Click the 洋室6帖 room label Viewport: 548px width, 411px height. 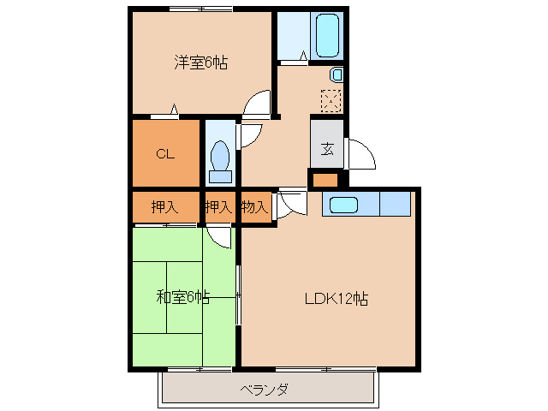click(201, 62)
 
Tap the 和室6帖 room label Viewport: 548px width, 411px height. click(182, 298)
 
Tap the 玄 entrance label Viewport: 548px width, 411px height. click(327, 148)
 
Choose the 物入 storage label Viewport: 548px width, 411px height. click(254, 206)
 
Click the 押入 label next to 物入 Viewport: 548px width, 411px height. click(217, 206)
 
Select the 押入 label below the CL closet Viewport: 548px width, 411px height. click(164, 206)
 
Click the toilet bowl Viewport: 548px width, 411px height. click(220, 159)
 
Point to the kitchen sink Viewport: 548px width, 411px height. click(344, 205)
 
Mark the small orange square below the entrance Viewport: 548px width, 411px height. click(325, 180)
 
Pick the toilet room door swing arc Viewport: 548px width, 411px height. click(250, 136)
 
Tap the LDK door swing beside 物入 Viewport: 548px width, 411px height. click(289, 205)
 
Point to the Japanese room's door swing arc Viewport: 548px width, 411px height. click(221, 237)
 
